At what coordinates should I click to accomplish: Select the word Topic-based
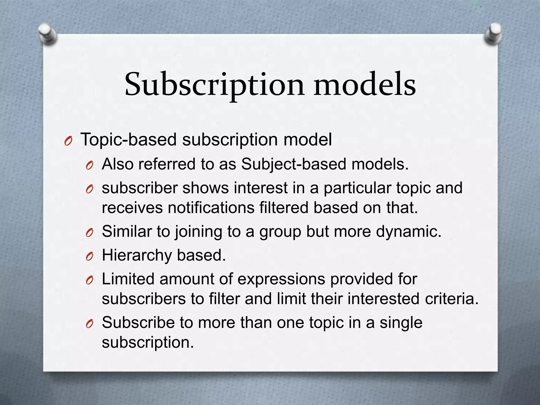tap(128, 139)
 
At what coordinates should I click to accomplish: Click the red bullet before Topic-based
tap(68, 142)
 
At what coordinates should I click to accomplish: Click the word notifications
tap(211, 208)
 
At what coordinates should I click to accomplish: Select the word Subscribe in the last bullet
tap(138, 322)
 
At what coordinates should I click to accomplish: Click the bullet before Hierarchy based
tap(90, 257)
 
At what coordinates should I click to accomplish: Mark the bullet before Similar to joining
tap(90, 233)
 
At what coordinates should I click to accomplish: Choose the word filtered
tap(283, 208)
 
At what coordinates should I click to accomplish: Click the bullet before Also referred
tap(90, 166)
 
